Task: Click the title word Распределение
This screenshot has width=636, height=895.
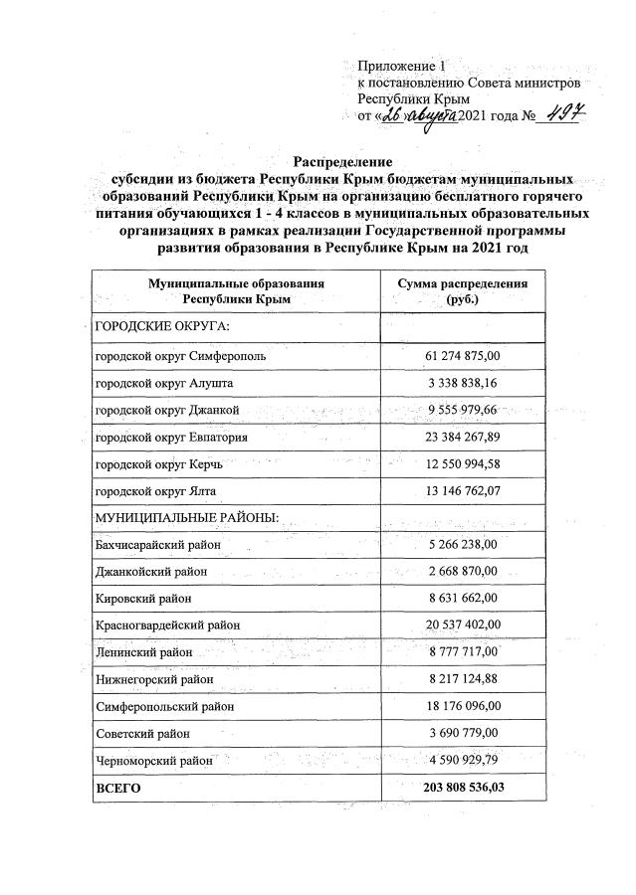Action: pyautogui.click(x=342, y=161)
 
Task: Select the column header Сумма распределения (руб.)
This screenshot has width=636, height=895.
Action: pyautogui.click(x=463, y=290)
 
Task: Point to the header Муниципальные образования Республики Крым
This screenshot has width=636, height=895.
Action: pyautogui.click(x=236, y=290)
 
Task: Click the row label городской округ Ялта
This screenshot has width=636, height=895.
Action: pyautogui.click(x=154, y=491)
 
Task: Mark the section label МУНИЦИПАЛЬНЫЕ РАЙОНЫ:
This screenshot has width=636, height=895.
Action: pyautogui.click(x=185, y=518)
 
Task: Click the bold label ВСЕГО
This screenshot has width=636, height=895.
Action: pyautogui.click(x=117, y=787)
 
